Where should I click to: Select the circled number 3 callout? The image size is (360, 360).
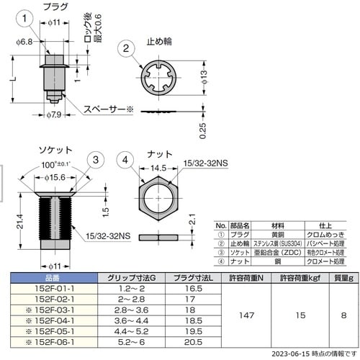[94, 160]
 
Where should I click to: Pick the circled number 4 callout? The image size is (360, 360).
[126, 160]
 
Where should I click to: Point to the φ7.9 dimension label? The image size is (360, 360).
[55, 114]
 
